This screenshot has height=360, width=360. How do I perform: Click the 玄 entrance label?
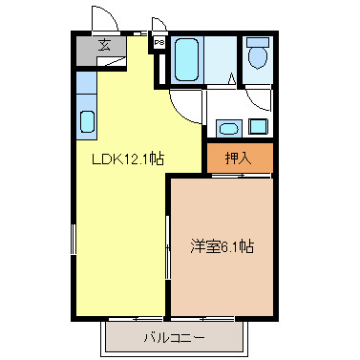pos(104,45)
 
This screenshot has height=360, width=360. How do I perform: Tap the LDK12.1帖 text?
pos(127,159)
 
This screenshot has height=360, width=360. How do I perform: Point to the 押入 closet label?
pos(239,159)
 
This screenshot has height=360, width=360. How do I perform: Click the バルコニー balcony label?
pos(174,337)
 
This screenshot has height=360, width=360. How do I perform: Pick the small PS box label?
pos(159,44)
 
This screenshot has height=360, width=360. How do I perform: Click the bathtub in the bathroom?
pos(187,61)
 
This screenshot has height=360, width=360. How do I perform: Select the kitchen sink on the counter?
pos(87,123)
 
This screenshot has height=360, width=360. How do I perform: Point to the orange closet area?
pos(239,159)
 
